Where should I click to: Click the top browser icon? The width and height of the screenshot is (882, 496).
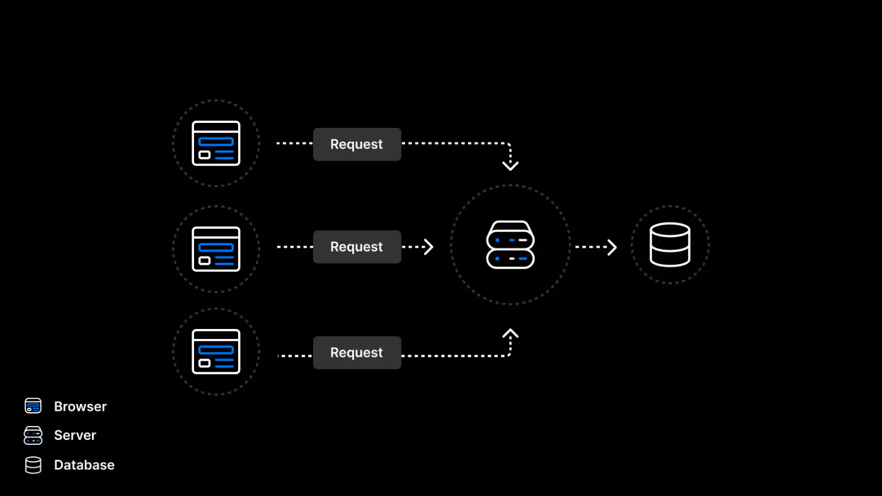(215, 144)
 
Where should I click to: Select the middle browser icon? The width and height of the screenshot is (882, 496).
(215, 249)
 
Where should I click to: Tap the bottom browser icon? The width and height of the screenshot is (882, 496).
(215, 352)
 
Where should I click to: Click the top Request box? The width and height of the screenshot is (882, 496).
(357, 144)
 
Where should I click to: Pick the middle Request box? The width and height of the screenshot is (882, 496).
(357, 246)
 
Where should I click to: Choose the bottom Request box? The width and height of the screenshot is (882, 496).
(357, 352)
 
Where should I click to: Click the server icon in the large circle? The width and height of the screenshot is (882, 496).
(510, 245)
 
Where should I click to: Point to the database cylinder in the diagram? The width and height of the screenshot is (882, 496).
(670, 245)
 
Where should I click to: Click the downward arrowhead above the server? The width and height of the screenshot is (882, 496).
(510, 166)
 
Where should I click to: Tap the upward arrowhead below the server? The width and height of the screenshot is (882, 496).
(510, 333)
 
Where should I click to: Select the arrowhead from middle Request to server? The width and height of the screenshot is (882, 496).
(429, 247)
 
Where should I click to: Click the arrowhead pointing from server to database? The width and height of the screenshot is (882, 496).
(612, 247)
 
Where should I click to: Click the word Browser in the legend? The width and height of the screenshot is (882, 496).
(81, 407)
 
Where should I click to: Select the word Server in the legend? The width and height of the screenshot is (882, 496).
(75, 435)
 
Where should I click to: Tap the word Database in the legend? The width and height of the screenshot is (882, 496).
(84, 465)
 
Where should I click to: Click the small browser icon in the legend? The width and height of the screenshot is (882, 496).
(33, 406)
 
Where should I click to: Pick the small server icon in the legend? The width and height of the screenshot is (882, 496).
(33, 435)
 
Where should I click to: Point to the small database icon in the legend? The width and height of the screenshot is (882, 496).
(33, 465)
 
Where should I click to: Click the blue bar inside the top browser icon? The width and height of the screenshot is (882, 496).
(215, 141)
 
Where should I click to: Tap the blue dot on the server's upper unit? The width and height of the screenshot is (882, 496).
(497, 240)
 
